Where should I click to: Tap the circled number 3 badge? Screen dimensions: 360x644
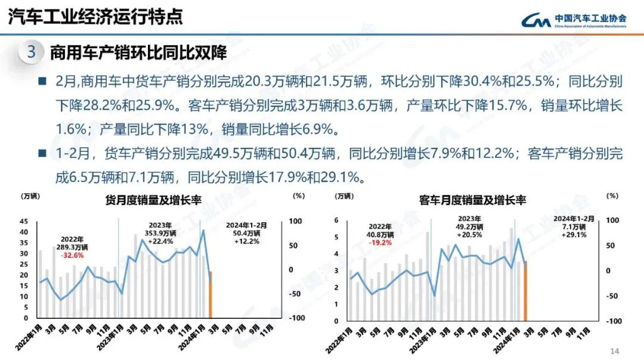[32, 52]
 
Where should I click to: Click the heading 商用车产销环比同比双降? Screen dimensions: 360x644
[138, 52]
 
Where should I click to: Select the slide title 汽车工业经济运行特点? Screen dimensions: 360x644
[95, 17]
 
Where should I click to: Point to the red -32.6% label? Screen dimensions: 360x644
[71, 255]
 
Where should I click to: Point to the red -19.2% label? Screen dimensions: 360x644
[380, 243]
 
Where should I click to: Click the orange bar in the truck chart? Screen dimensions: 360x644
[210, 294]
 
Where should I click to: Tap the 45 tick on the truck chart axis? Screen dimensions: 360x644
[24, 221]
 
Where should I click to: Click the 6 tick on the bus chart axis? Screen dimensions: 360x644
[336, 221]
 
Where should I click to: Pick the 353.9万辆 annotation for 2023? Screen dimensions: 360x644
[160, 233]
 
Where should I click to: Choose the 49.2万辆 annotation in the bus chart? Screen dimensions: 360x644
[470, 227]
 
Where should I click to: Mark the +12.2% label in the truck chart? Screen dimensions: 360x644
[247, 241]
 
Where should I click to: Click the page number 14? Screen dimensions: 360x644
[616, 350]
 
